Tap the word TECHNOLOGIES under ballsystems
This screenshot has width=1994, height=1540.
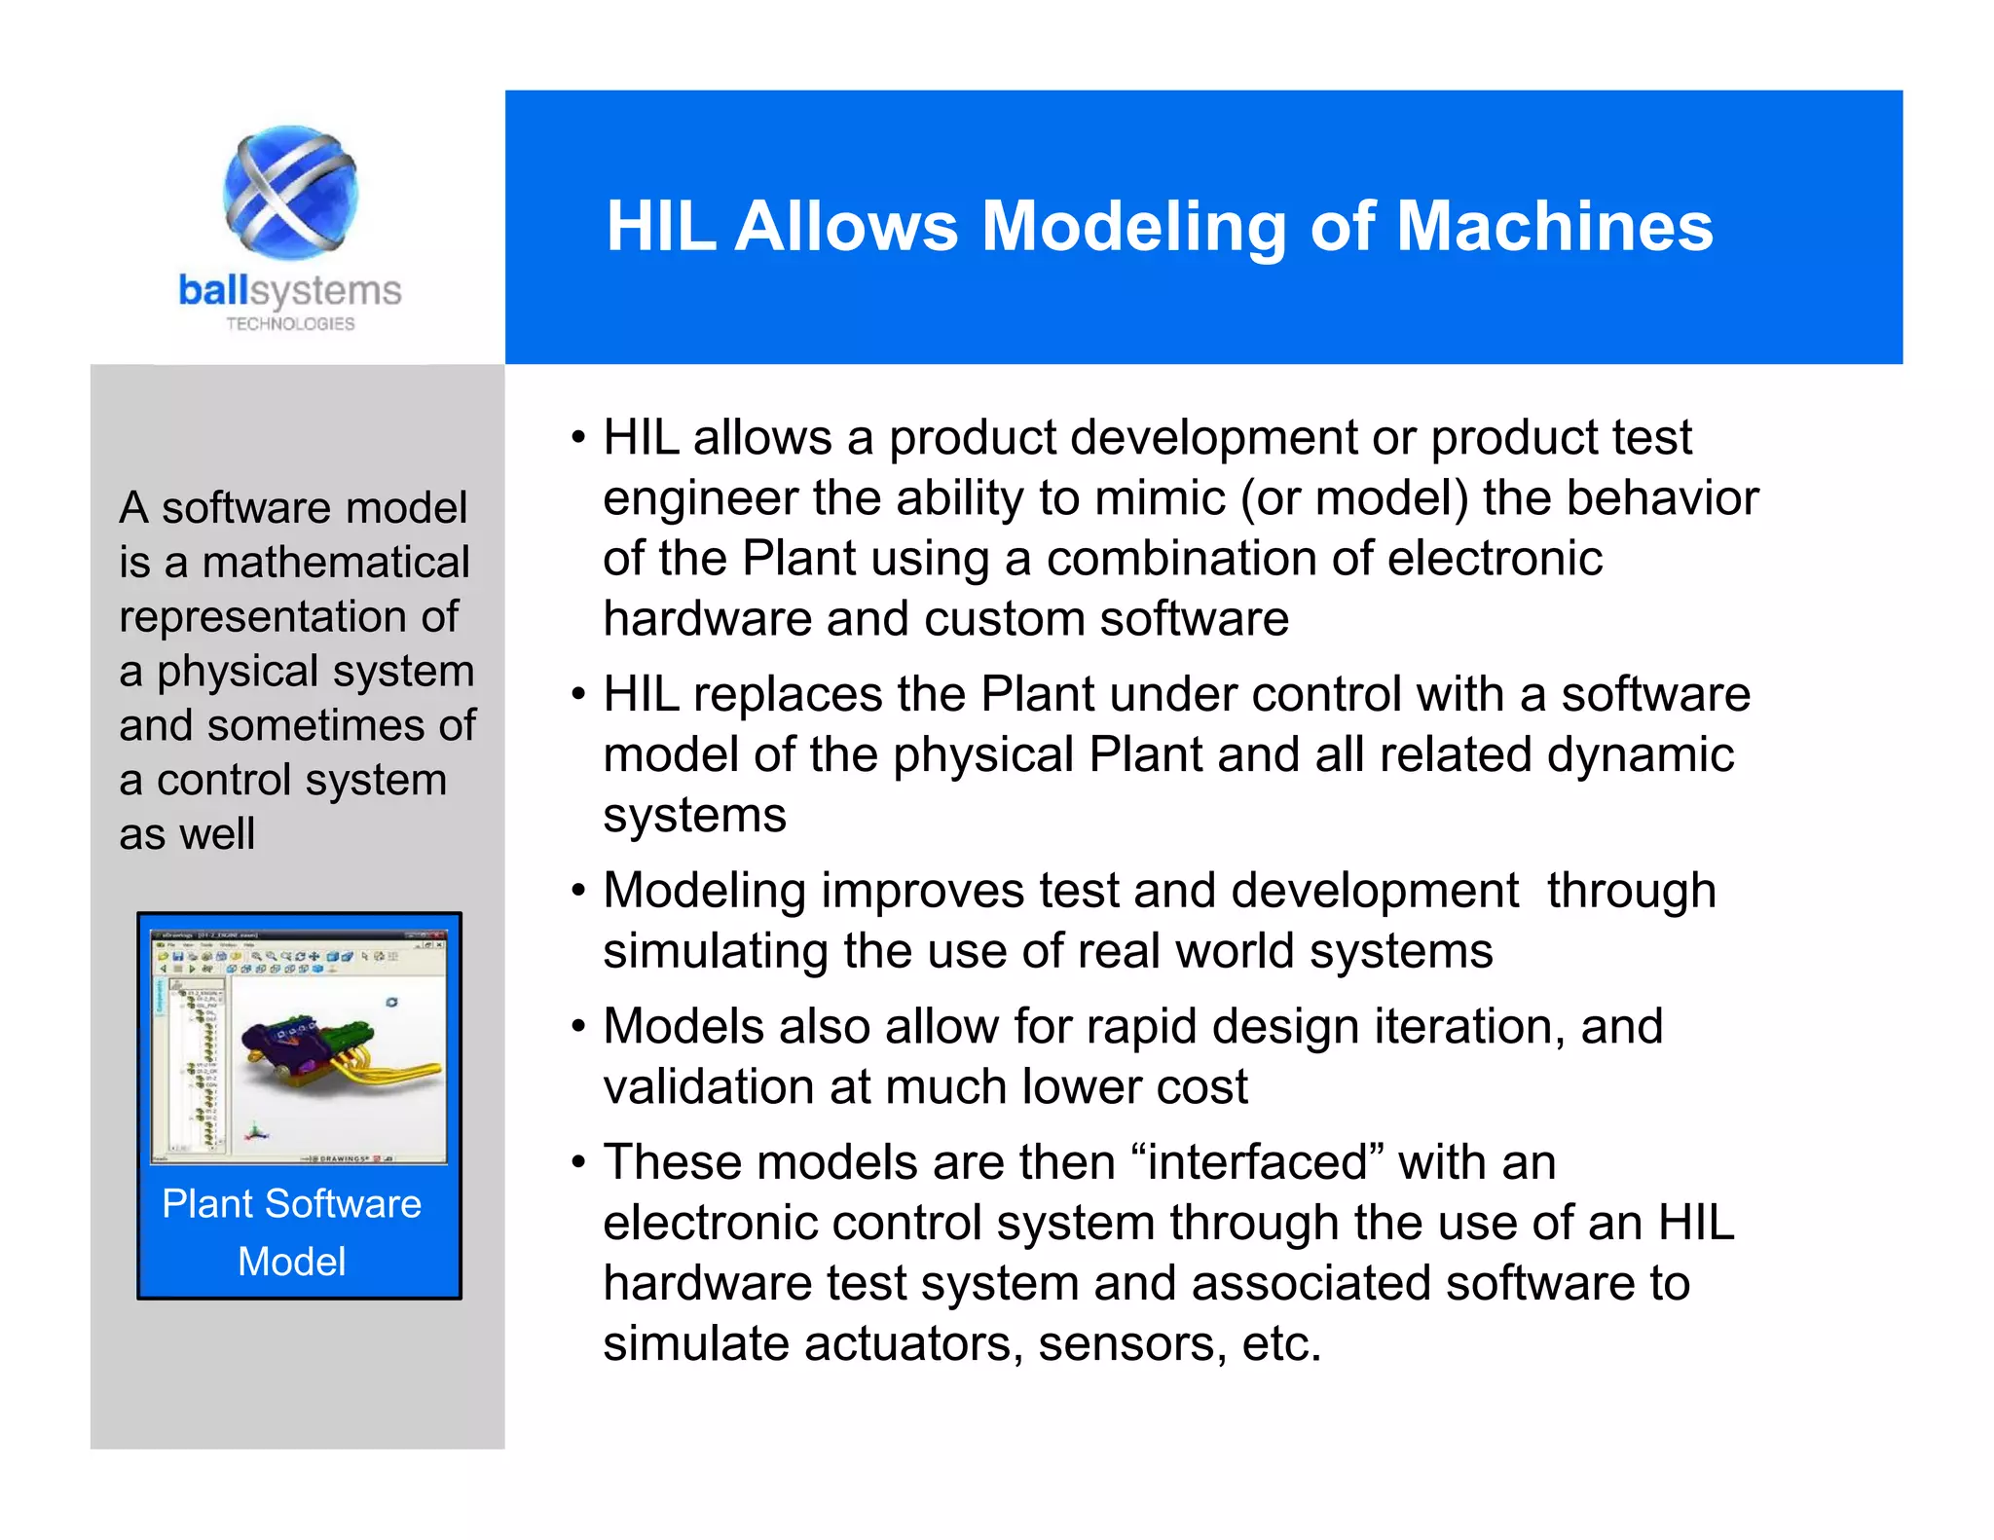pos(290,324)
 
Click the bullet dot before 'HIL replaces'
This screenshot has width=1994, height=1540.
pos(578,695)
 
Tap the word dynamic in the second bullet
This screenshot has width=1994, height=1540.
pos(1640,755)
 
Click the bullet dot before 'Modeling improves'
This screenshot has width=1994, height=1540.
pos(578,891)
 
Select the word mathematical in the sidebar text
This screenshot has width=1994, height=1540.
pos(336,563)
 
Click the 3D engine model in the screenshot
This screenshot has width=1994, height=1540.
pos(331,1056)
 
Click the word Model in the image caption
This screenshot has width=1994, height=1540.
pos(291,1262)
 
